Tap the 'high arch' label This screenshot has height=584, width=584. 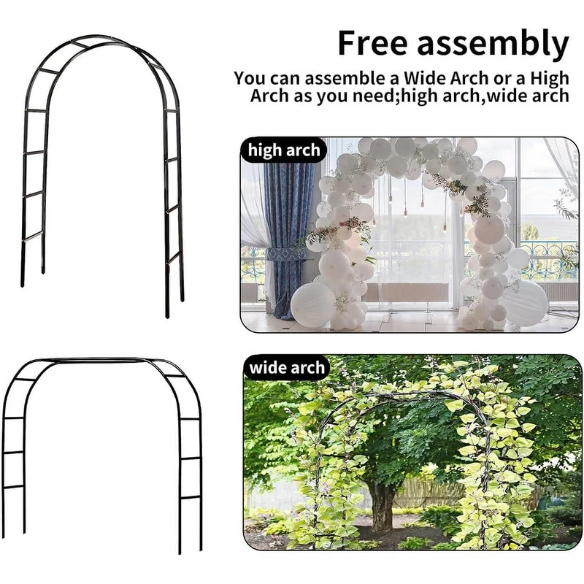click(284, 150)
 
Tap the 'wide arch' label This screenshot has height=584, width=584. click(287, 368)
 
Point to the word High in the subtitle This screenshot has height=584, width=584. click(550, 80)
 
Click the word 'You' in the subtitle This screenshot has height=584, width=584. click(250, 79)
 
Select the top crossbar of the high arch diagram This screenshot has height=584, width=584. click(80, 45)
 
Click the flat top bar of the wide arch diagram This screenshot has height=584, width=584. click(101, 360)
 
